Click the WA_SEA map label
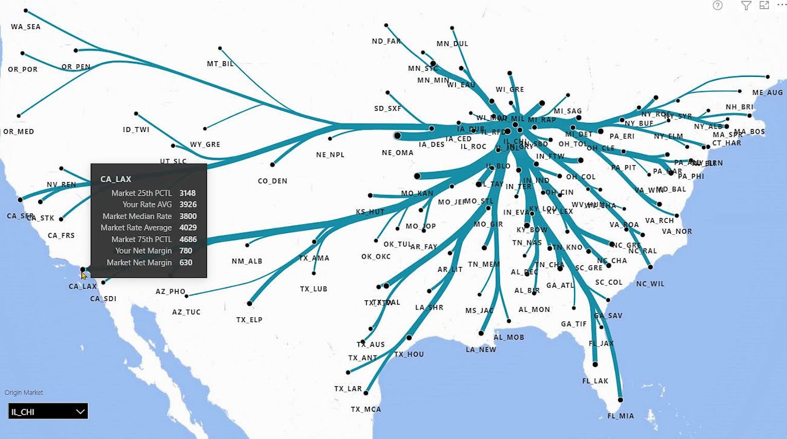pos(25,27)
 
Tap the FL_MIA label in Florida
pos(621,416)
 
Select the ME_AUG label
pos(768,93)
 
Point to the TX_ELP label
pos(249,320)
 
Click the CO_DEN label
pos(272,181)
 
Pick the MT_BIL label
pos(220,64)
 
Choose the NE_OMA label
pos(398,153)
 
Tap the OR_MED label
pos(19,131)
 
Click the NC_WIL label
pos(650,283)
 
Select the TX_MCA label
pos(366,409)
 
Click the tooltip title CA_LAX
pos(116,179)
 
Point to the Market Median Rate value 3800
pos(188,216)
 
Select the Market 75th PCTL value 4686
pos(188,239)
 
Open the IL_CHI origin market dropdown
pos(48,412)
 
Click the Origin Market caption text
pos(24,392)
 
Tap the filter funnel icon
pos(746,5)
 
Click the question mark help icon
pos(717,5)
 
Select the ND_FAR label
pos(386,41)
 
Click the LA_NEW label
pos(481,349)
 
